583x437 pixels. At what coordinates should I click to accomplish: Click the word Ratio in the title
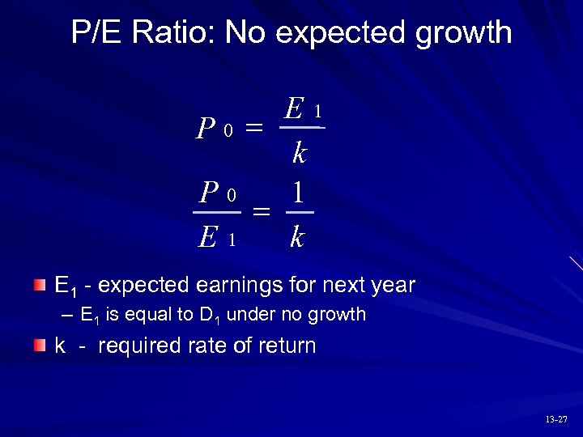click(176, 33)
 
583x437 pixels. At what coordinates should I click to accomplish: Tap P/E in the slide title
click(99, 33)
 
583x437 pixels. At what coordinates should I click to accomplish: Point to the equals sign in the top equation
click(253, 127)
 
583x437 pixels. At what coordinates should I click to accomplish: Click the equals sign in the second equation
click(261, 212)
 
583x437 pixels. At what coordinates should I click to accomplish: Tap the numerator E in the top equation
click(295, 108)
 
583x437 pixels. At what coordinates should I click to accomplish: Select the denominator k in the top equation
click(300, 151)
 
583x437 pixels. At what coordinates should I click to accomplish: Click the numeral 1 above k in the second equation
click(299, 193)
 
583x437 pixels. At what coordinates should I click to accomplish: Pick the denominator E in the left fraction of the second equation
click(208, 237)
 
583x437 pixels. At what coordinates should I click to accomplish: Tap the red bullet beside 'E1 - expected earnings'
click(40, 285)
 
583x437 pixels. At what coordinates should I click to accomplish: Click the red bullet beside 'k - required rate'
click(40, 346)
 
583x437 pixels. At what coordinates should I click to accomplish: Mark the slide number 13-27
click(556, 419)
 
